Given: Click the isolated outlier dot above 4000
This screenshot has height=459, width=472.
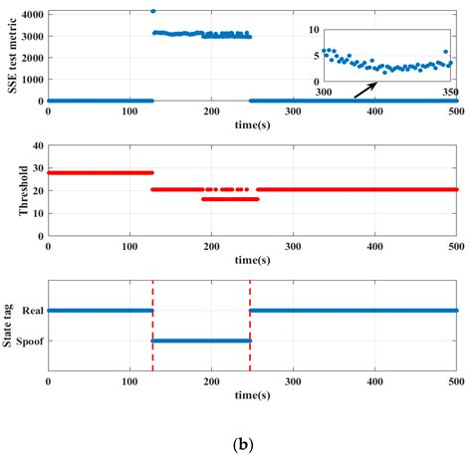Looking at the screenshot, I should pyautogui.click(x=152, y=11).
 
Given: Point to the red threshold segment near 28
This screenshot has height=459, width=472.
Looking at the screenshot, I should pyautogui.click(x=100, y=172).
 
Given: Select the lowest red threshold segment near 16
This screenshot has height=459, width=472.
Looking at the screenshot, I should pyautogui.click(x=229, y=199).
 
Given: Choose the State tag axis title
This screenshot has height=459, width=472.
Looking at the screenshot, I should pyautogui.click(x=9, y=326).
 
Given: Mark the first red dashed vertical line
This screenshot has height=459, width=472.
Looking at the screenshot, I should pyautogui.click(x=152, y=329).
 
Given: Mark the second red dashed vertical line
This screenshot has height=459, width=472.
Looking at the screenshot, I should pyautogui.click(x=250, y=329).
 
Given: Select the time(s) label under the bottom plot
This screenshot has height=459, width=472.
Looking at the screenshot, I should pyautogui.click(x=253, y=393).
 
